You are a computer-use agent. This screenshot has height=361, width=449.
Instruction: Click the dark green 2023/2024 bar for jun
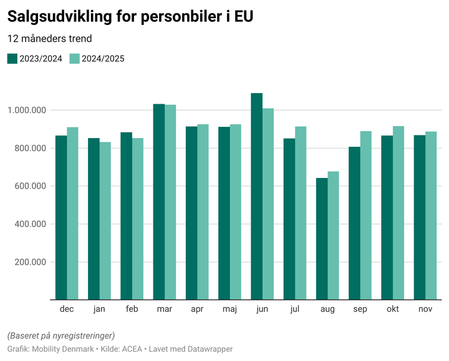point(256,196)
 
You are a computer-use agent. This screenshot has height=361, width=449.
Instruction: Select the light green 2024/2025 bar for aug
point(333,235)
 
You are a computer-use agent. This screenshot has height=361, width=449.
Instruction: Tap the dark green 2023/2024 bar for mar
point(159,202)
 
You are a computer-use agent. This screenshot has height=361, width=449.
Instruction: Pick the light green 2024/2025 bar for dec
point(72,213)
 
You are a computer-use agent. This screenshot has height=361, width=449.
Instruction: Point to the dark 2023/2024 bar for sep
point(354,223)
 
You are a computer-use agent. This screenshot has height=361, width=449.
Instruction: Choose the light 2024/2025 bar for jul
point(301,213)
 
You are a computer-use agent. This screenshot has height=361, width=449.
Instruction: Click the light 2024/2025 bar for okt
point(398,213)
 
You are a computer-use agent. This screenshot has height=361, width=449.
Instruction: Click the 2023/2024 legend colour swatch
point(12,59)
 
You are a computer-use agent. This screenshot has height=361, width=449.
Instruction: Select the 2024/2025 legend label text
point(104,59)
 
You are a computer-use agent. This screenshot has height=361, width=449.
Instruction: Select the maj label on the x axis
point(229,309)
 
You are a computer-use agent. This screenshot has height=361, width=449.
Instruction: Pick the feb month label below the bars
point(132,309)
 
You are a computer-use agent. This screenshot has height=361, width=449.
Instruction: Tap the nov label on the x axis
point(425,309)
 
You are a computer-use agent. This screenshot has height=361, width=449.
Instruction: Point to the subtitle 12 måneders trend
point(50,39)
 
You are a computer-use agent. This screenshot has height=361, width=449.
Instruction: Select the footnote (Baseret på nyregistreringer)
point(61,335)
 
